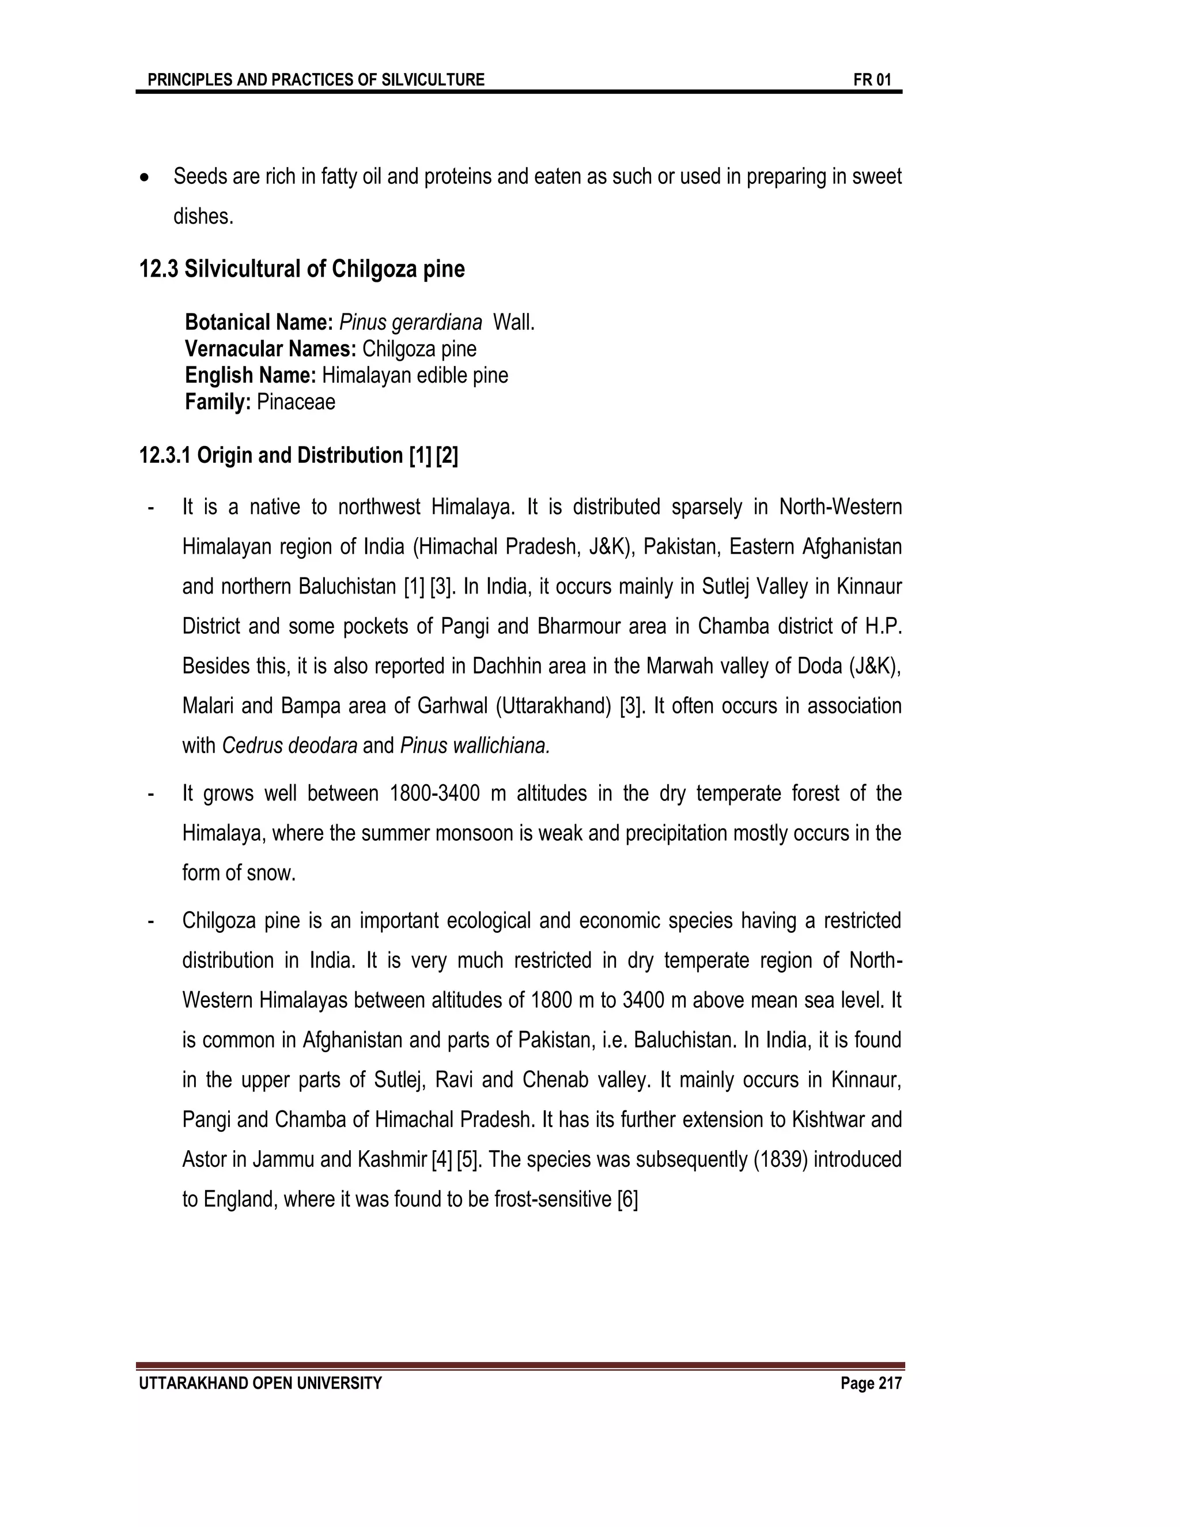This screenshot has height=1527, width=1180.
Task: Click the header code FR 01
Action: tap(872, 80)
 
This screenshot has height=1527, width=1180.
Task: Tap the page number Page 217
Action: tap(871, 1383)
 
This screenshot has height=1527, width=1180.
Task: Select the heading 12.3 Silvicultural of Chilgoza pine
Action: tap(301, 269)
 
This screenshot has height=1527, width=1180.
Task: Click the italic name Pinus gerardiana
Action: tap(410, 322)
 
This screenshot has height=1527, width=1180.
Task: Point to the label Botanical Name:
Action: tap(259, 322)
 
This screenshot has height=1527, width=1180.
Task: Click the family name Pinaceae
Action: tap(296, 402)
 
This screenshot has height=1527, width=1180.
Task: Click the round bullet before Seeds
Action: tap(145, 178)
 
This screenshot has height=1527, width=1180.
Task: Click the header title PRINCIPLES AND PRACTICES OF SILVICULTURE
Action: tap(316, 80)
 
